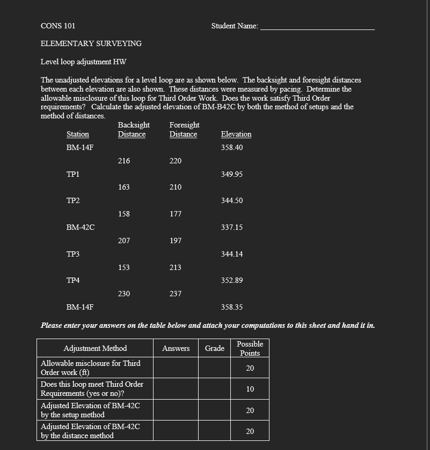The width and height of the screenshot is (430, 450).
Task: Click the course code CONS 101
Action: (58, 26)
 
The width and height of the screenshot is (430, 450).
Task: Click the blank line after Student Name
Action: (317, 27)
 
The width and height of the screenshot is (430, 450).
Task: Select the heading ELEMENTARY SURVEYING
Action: (91, 43)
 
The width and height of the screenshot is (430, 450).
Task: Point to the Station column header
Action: (77, 134)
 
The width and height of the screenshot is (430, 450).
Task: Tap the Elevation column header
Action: (236, 134)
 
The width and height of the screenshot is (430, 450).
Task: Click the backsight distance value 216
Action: (124, 161)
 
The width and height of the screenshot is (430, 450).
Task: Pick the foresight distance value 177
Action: (176, 214)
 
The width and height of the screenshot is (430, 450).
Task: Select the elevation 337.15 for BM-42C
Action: (232, 227)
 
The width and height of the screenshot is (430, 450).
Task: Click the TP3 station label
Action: (73, 254)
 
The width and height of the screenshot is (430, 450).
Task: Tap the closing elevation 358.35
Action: (232, 307)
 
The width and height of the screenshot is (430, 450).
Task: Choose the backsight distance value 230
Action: (124, 294)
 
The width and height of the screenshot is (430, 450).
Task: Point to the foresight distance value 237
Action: (176, 294)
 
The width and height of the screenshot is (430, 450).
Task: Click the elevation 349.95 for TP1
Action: (232, 174)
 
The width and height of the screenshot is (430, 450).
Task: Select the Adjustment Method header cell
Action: (95, 348)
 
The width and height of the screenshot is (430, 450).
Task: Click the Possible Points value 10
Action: (250, 389)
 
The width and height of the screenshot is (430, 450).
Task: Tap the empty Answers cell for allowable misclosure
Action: (176, 368)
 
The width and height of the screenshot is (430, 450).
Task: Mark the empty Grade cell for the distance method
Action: (214, 431)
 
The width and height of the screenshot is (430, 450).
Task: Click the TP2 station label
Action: (73, 200)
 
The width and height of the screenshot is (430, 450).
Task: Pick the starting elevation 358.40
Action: (232, 147)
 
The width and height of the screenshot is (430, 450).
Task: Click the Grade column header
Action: (214, 348)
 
